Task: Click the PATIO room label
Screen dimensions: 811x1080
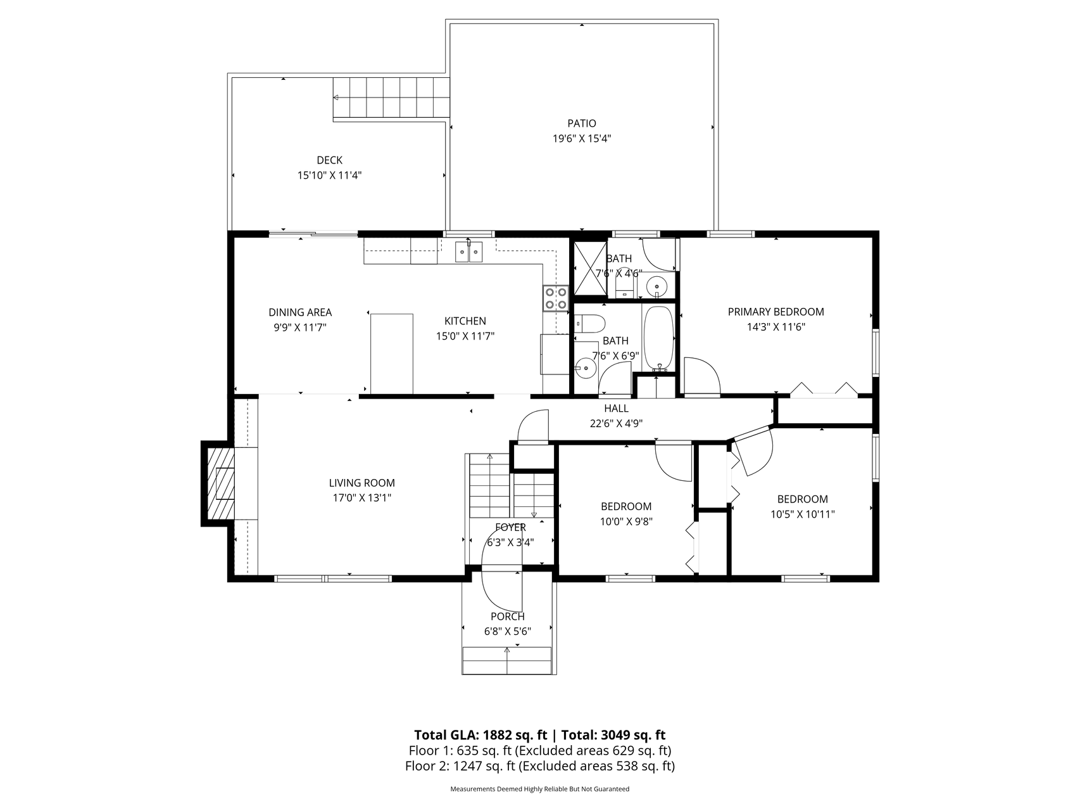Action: point(581,124)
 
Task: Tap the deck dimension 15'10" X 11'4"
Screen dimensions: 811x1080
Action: point(329,176)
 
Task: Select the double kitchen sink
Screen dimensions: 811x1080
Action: point(469,252)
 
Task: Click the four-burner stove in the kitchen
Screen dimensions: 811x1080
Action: point(556,298)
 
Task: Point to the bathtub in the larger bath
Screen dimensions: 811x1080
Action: point(659,338)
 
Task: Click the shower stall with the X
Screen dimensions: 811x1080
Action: point(589,268)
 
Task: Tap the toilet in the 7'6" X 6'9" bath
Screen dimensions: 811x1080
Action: point(591,324)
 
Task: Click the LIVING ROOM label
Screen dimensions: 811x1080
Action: point(361,483)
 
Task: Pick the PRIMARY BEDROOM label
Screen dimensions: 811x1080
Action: point(775,312)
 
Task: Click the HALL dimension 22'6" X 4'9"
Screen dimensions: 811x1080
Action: point(616,424)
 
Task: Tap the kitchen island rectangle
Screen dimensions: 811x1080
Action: point(391,353)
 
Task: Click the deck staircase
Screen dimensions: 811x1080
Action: point(391,98)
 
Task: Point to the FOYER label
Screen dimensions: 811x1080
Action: point(510,527)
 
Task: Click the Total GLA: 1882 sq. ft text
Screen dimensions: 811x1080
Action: point(480,735)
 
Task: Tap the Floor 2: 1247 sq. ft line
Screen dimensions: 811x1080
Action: point(539,766)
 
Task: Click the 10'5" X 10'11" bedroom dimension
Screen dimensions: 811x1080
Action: point(802,514)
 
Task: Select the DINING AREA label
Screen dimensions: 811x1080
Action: point(300,312)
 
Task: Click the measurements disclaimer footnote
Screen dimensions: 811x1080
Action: point(539,789)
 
